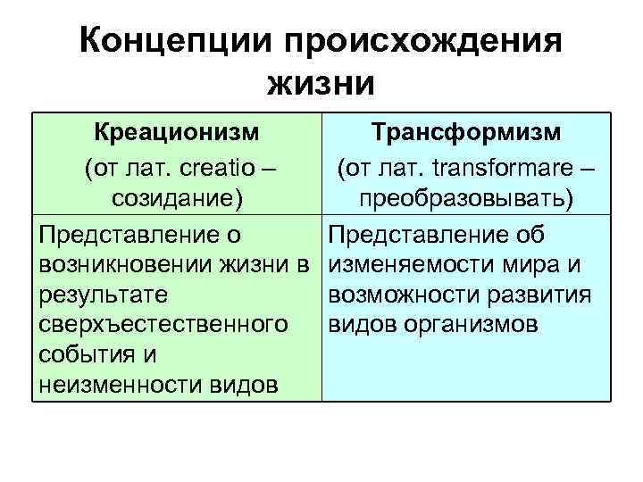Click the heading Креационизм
[178, 133]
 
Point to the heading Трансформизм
[466, 133]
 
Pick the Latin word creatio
[219, 166]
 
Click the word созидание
[171, 199]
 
